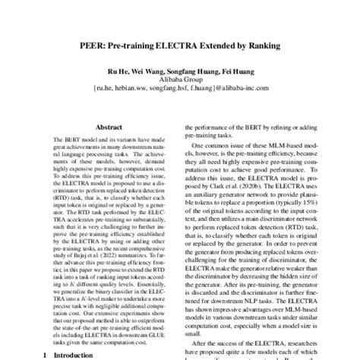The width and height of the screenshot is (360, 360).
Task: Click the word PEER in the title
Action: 93,45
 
